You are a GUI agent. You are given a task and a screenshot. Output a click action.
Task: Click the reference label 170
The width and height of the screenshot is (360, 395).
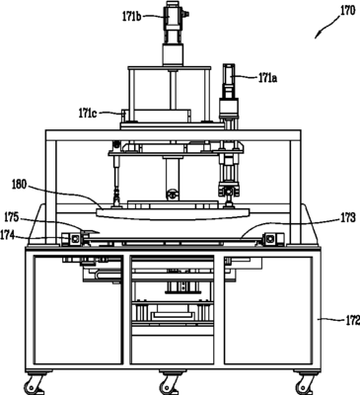347,11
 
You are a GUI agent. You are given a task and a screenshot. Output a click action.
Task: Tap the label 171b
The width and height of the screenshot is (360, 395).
132,17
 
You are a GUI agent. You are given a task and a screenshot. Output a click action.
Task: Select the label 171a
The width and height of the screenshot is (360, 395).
267,79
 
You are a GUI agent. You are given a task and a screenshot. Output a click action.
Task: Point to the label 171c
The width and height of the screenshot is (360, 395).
87,114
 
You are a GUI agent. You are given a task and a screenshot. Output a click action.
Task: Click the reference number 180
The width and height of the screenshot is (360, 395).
19,185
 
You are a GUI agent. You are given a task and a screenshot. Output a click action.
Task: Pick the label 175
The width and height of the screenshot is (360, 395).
12,218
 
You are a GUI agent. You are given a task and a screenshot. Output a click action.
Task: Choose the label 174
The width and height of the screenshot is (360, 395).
8,235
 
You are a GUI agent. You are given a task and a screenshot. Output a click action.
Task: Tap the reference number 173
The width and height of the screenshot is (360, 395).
348,218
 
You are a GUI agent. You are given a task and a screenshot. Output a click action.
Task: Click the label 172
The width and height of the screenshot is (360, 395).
352,320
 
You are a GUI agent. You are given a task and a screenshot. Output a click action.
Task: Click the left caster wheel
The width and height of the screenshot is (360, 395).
33,384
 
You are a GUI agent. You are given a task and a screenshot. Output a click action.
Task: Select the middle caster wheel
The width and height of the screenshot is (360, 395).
170,384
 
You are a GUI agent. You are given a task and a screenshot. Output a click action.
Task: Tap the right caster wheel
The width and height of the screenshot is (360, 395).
304,384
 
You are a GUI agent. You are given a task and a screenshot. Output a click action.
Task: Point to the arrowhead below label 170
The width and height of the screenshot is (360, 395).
317,36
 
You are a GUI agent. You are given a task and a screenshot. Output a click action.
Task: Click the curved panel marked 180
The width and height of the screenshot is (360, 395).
173,213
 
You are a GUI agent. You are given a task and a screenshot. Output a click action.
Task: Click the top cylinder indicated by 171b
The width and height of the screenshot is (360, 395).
173,17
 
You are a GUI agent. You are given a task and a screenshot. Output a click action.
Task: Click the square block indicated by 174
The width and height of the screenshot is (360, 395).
75,239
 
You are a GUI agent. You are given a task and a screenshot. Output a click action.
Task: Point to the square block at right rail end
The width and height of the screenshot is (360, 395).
271,239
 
